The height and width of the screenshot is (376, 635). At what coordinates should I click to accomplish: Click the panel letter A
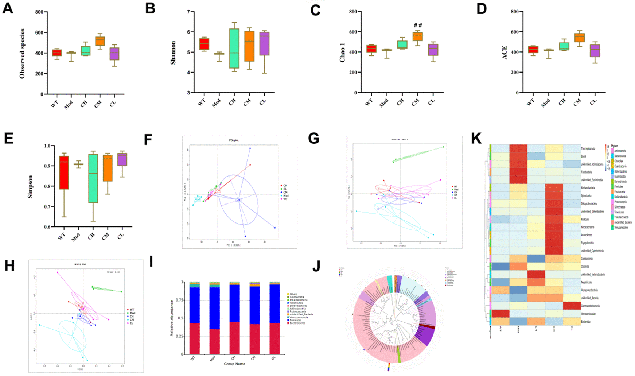[8, 8]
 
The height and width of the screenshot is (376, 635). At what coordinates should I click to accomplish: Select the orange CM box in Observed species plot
[100, 41]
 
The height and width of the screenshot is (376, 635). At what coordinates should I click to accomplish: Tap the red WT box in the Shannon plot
[204, 44]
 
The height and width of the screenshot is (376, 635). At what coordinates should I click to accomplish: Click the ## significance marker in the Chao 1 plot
[418, 25]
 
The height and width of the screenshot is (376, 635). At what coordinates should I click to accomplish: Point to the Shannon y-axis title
[174, 53]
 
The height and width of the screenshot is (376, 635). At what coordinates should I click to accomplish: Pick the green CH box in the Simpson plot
[93, 178]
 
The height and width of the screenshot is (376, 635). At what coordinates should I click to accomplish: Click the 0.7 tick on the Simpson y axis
[47, 207]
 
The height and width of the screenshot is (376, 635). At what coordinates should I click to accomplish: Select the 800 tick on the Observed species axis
[39, 12]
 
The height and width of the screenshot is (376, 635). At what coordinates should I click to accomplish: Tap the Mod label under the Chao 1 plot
[384, 104]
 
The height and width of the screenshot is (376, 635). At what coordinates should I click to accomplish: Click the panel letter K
[476, 139]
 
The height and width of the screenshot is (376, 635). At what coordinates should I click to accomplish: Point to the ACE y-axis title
[505, 53]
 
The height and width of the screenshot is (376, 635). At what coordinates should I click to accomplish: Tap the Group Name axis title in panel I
[234, 364]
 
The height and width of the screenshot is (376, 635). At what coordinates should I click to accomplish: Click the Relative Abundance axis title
[172, 318]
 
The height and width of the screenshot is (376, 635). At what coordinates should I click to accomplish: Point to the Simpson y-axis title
[31, 186]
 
